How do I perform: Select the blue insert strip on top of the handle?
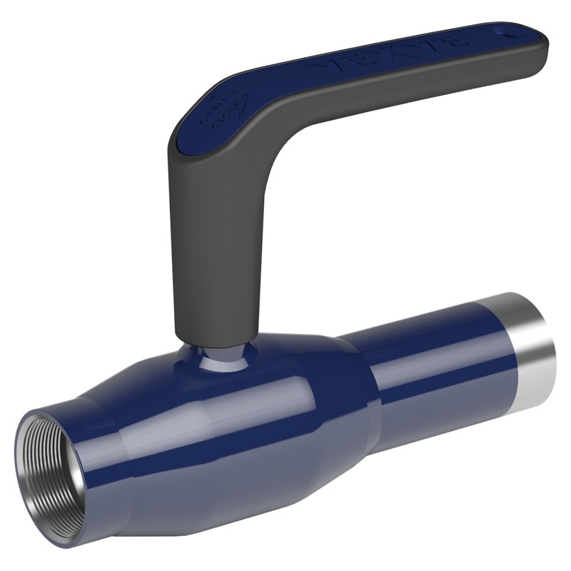[x=321, y=79]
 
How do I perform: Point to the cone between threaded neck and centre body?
[x=128, y=435]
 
